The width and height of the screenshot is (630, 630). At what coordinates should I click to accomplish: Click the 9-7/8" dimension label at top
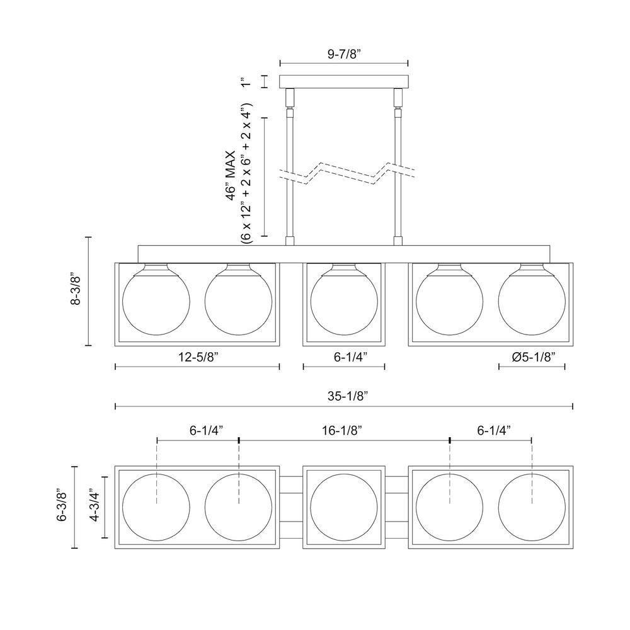(345, 54)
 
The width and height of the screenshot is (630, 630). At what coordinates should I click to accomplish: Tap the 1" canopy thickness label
(246, 81)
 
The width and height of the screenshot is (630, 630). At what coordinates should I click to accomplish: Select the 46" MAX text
(231, 176)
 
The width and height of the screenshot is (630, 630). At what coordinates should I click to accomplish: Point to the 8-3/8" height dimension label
(76, 291)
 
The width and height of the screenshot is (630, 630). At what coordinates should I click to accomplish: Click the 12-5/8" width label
(198, 357)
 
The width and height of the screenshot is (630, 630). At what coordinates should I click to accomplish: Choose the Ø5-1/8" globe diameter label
(533, 357)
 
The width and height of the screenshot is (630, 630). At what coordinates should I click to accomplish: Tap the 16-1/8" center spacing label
(342, 430)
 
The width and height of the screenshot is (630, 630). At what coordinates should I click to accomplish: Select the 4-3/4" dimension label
(95, 505)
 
